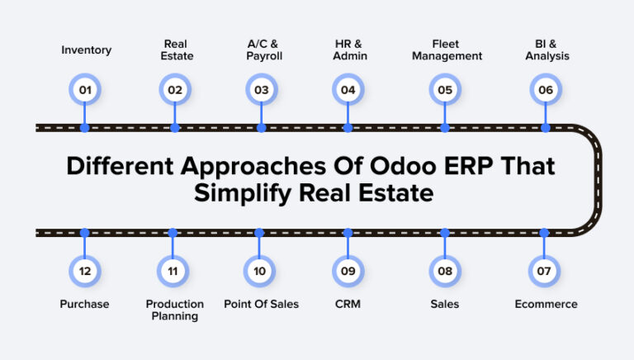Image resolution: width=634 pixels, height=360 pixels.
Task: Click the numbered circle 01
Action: pos(85,89)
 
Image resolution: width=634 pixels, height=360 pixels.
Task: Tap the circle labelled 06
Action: pos(544,89)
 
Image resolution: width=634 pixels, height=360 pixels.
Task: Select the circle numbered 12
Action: pos(85,271)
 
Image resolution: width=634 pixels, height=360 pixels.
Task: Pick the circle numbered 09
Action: pos(348,271)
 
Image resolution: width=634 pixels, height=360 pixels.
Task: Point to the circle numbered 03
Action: pos(262,89)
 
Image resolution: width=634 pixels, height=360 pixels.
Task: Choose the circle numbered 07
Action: pos(544,271)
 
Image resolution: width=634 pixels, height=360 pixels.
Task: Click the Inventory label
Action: pos(86,50)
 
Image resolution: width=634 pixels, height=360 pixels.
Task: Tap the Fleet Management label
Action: pos(446,50)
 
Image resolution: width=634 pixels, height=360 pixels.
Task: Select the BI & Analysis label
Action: pos(546,50)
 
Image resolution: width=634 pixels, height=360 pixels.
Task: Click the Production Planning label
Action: pos(174,310)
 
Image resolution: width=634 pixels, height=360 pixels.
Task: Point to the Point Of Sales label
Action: pos(261,304)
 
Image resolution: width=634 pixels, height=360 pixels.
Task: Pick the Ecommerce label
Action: pos(546,304)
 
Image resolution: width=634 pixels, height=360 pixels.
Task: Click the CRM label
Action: pos(348,304)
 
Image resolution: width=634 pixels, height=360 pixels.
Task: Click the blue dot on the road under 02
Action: pos(174,128)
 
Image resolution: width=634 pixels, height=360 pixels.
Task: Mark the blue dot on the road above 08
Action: pos(445,233)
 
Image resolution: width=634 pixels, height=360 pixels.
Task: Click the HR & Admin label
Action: pos(348,50)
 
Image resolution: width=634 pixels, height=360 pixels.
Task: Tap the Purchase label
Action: pos(84,304)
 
